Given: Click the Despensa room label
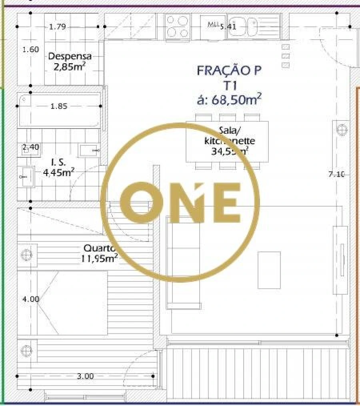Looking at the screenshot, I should (x=70, y=57).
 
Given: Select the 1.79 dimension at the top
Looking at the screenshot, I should (x=57, y=27).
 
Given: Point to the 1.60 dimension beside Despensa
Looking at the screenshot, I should (x=30, y=50).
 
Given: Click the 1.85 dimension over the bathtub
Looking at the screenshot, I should (x=59, y=106).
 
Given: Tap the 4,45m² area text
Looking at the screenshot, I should (x=58, y=173).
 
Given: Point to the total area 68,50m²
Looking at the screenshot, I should (x=229, y=99).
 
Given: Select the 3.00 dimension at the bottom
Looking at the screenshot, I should (x=85, y=376).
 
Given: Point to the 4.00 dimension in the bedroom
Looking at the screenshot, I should (x=31, y=299).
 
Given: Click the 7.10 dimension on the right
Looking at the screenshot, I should (x=336, y=174).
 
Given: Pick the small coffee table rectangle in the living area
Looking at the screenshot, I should (x=269, y=270).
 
